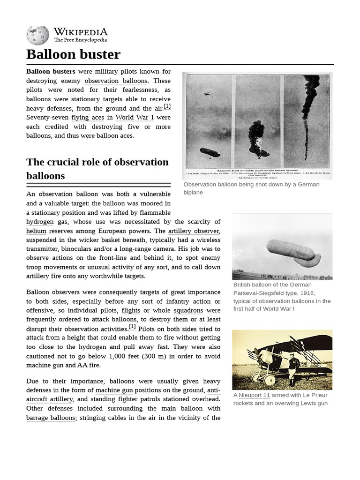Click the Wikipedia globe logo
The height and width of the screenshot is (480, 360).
tap(37, 36)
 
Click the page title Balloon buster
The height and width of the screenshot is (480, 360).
tap(73, 54)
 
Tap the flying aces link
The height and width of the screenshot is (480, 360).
tap(88, 118)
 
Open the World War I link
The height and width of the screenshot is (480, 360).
tap(131, 118)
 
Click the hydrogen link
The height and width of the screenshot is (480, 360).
tap(40, 222)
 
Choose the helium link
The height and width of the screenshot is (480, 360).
tap(36, 231)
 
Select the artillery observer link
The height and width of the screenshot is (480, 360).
tap(194, 231)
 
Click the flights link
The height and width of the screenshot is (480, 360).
tap(131, 311)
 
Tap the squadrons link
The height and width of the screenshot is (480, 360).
tap(188, 311)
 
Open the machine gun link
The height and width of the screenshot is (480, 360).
tap(114, 390)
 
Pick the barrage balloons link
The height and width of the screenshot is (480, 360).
tap(51, 418)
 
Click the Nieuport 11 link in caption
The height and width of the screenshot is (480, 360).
tap(254, 395)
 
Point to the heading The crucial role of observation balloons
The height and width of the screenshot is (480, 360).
tap(97, 169)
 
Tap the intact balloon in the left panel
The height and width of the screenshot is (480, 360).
tap(210, 152)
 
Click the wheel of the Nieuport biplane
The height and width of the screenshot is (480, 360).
tap(269, 380)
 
